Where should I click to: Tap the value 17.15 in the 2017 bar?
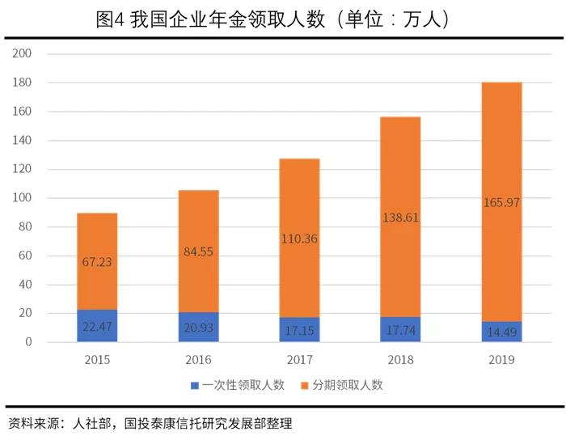tap(299, 332)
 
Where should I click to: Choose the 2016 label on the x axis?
tap(198, 358)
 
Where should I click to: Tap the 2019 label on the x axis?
tap(501, 358)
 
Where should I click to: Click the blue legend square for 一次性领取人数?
tap(195, 385)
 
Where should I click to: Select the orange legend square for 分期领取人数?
tap(305, 385)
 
